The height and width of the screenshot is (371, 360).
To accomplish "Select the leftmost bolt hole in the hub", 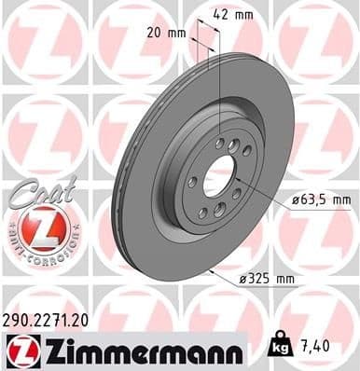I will (193, 183).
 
